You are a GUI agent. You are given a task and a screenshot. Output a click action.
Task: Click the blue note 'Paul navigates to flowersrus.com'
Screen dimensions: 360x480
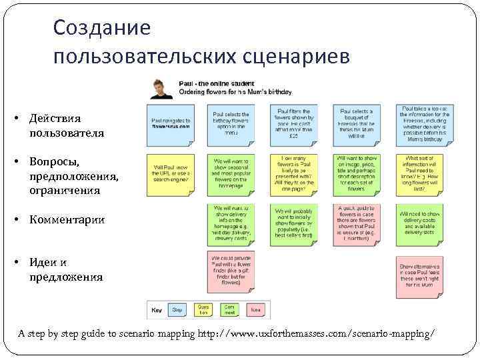pyautogui.click(x=171, y=124)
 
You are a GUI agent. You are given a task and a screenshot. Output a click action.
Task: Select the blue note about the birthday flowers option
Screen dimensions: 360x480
pyautogui.click(x=231, y=124)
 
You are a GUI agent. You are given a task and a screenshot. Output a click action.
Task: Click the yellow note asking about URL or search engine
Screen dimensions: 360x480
pyautogui.click(x=171, y=174)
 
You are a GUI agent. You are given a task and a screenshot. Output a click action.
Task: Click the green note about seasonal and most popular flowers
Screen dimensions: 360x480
pyautogui.click(x=231, y=174)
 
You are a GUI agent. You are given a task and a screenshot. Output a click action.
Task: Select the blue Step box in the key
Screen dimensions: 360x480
pyautogui.click(x=177, y=309)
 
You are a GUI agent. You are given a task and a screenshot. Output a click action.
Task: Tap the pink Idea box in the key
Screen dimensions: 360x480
pyautogui.click(x=255, y=309)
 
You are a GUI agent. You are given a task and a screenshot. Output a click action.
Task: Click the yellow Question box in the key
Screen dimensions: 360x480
pyautogui.click(x=203, y=309)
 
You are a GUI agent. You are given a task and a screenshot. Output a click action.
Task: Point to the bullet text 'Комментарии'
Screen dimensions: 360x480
pyautogui.click(x=67, y=219)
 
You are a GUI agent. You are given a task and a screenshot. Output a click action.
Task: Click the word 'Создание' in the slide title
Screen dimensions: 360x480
pyautogui.click(x=102, y=27)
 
